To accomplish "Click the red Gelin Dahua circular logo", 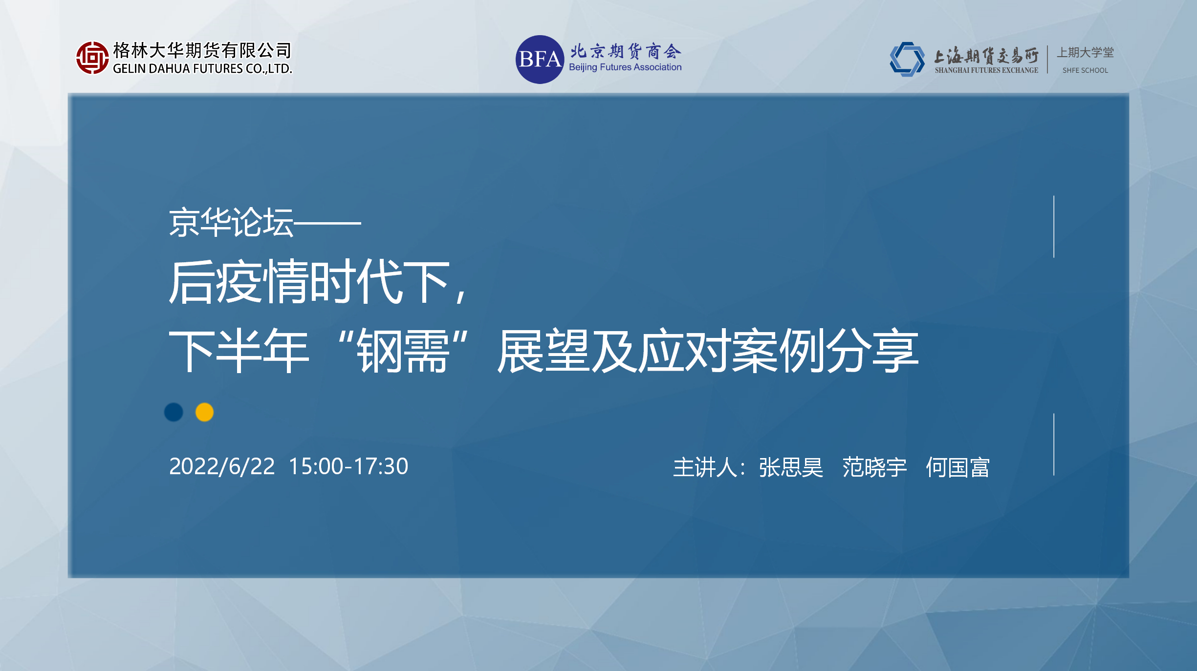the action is coord(92,58).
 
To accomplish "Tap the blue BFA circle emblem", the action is coord(540,60).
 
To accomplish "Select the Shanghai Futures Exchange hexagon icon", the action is coord(907,59).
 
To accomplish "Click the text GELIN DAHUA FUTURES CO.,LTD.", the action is coord(202,69).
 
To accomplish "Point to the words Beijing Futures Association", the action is coord(625,67).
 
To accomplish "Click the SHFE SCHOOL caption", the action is coord(1085,70).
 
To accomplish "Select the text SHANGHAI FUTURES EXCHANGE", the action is coord(986,70).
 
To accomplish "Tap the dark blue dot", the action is coord(174,412).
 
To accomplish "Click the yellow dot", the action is coord(204,412).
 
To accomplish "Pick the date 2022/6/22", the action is coord(222,466).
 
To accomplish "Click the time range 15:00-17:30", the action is coord(348,466).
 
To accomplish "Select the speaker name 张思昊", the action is coord(791,467).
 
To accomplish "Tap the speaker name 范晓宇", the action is coord(874,467).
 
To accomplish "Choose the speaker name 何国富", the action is coord(958,467).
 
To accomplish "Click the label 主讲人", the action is coord(705,467).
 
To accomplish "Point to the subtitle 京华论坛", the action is coord(231,222).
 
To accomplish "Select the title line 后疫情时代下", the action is coord(309,282).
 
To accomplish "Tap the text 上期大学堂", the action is coord(1086,52).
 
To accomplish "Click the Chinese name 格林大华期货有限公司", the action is coord(202,50).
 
